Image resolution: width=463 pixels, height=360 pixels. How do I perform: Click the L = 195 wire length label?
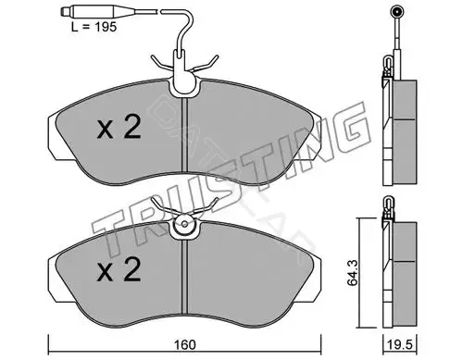tap(94, 27)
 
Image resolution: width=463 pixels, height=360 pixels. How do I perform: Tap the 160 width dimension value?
tap(185, 345)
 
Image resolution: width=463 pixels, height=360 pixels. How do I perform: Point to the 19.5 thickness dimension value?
tap(400, 345)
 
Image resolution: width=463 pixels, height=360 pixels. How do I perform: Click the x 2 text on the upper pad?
tap(119, 127)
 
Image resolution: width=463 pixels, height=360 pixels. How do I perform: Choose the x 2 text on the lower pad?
tap(119, 269)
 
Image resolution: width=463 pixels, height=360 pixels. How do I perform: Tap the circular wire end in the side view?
tap(396, 12)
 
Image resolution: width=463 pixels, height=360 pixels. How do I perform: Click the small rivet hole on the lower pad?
tap(184, 224)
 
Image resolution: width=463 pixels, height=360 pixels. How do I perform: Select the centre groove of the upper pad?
tap(185, 135)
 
